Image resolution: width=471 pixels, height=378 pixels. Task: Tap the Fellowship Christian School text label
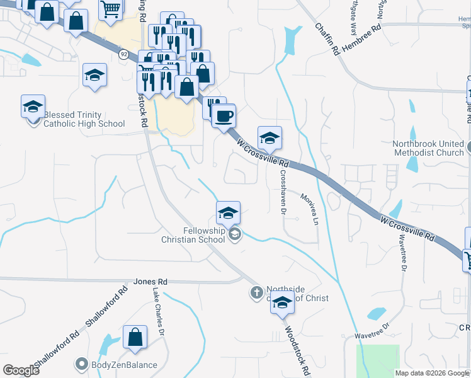(x=193, y=235)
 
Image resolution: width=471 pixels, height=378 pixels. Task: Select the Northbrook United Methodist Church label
(x=429, y=148)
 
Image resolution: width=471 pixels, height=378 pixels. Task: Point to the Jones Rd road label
(x=150, y=282)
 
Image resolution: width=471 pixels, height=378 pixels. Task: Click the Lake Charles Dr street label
(x=159, y=312)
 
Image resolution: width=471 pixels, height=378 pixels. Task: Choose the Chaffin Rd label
(x=328, y=40)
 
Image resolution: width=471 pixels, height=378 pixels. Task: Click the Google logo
(x=21, y=370)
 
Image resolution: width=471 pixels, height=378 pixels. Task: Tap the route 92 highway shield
(x=123, y=55)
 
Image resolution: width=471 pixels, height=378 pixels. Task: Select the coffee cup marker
(x=224, y=116)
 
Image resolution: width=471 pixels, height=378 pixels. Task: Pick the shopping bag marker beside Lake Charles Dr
(x=135, y=338)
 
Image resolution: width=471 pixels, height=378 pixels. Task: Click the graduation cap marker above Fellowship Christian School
(x=228, y=213)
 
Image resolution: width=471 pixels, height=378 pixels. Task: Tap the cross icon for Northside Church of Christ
(x=256, y=292)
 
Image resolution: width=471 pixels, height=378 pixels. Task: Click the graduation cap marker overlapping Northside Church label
(x=282, y=304)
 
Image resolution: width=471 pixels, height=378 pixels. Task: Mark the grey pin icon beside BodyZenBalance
(x=81, y=364)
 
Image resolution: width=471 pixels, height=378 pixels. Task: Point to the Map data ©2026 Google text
(x=432, y=373)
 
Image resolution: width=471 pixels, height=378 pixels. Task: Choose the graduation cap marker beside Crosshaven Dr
(x=270, y=137)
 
